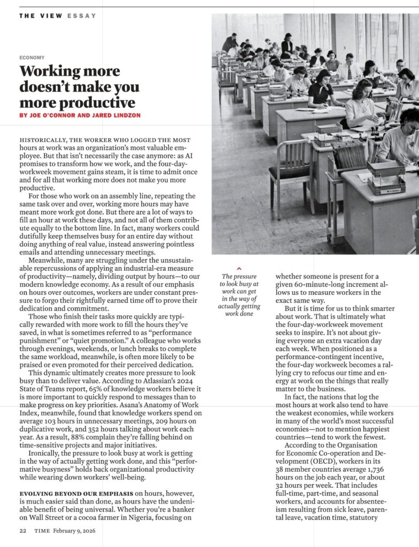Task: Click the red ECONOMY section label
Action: click(x=32, y=57)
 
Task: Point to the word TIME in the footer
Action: click(x=42, y=530)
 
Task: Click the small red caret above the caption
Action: click(x=239, y=268)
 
